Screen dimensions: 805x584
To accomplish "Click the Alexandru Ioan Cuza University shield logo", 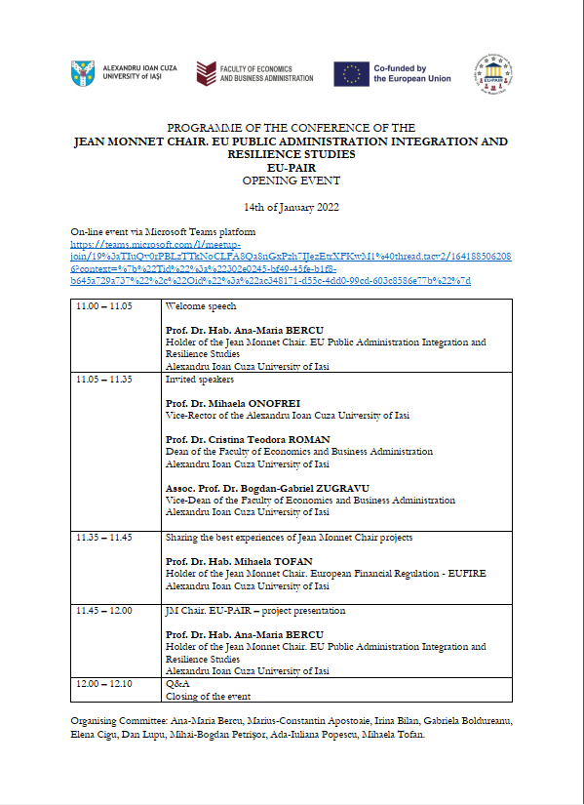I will tap(84, 73).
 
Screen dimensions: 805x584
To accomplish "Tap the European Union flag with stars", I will tap(349, 73).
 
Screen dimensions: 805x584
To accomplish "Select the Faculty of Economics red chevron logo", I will tap(206, 73).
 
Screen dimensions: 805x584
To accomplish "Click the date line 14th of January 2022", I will tap(291, 207).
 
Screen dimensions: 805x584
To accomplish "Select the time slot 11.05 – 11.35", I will tap(103, 379).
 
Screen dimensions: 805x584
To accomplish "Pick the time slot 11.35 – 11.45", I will tap(103, 538).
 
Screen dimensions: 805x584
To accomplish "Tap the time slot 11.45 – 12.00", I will tap(103, 611).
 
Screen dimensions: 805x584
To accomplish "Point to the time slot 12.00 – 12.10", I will tap(103, 683).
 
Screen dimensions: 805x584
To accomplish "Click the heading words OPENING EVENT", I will tap(291, 181).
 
